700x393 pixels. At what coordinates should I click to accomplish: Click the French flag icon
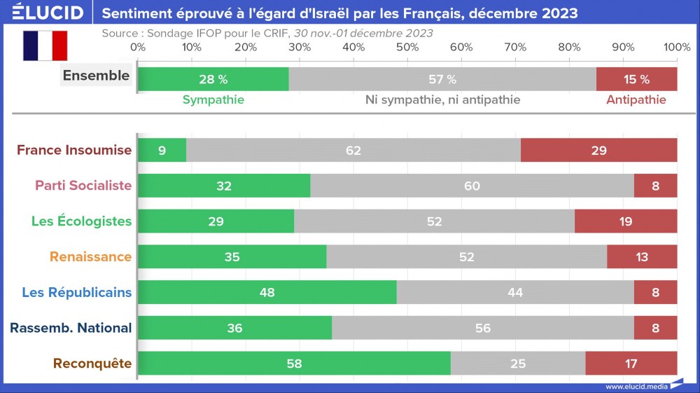click(45, 46)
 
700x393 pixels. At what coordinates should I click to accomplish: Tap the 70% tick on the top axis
click(515, 47)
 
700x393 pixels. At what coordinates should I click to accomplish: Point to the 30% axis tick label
click(300, 47)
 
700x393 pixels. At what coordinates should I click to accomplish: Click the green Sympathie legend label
click(213, 99)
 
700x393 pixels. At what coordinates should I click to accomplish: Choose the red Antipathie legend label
click(636, 99)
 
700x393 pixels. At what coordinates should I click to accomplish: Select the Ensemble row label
click(96, 76)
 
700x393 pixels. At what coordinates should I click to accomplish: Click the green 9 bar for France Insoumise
click(162, 150)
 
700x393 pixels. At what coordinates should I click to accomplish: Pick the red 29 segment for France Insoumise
click(598, 150)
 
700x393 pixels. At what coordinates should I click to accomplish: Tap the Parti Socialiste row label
click(84, 186)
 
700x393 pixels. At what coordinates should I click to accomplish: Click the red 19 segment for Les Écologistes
click(626, 221)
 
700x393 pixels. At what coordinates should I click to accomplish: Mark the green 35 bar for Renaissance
click(232, 257)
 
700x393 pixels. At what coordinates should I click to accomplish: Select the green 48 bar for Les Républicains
click(267, 292)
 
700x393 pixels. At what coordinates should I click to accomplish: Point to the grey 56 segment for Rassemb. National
click(483, 328)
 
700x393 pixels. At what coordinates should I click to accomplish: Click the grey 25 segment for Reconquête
click(518, 364)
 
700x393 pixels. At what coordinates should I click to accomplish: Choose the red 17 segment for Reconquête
click(631, 364)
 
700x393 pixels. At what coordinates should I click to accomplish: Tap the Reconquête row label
click(92, 364)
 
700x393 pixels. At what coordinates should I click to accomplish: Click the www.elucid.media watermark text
click(636, 386)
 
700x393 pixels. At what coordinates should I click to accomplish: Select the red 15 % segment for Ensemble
click(636, 79)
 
